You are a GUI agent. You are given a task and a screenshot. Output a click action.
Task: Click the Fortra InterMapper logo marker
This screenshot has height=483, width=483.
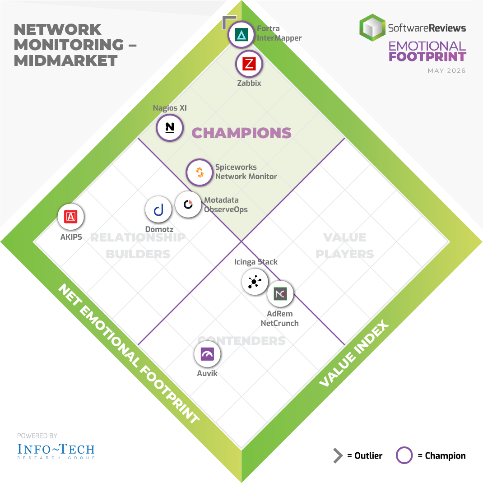coord(241,34)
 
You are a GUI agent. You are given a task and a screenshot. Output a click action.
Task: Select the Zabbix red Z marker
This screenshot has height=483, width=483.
coord(249,64)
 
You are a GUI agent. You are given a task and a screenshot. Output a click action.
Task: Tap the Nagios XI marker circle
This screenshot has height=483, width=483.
coord(170,128)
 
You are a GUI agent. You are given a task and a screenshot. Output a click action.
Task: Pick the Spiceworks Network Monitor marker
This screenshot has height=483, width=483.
coord(200,172)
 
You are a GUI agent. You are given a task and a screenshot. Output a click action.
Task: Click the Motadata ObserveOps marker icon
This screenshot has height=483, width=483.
coord(188,204)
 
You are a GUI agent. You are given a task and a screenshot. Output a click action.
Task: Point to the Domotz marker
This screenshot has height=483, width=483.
coord(158,209)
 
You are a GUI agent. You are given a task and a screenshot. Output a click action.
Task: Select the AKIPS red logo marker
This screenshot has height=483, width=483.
coord(71,217)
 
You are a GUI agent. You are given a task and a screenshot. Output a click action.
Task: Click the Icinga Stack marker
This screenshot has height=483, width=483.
coord(255,282)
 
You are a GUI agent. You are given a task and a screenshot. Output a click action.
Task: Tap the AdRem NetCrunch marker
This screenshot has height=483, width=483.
coord(280,294)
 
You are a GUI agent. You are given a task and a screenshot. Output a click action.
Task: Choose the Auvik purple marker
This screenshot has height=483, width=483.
coord(207,354)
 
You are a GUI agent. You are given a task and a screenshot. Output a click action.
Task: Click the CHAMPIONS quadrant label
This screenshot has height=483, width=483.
coord(241,133)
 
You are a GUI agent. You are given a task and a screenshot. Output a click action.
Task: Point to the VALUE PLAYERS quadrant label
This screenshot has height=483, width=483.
coord(345,246)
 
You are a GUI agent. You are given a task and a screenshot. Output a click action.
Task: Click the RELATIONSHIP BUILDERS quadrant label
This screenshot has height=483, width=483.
coord(138,246)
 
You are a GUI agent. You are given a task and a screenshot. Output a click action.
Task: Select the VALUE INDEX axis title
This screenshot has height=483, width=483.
coord(354,353)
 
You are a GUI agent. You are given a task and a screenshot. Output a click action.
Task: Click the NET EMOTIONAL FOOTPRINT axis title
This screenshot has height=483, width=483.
coord(129,353)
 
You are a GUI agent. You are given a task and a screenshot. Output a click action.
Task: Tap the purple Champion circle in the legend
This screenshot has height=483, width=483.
coord(404,455)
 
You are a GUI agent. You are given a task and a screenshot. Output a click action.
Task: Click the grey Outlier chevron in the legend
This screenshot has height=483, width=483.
coord(338,455)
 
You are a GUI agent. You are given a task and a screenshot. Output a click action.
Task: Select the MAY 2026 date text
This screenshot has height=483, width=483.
coord(446,70)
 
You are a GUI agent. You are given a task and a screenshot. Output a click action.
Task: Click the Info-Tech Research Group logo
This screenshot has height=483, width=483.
coord(56,451)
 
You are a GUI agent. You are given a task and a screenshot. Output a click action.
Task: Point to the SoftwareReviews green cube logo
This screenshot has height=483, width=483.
coord(372,28)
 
